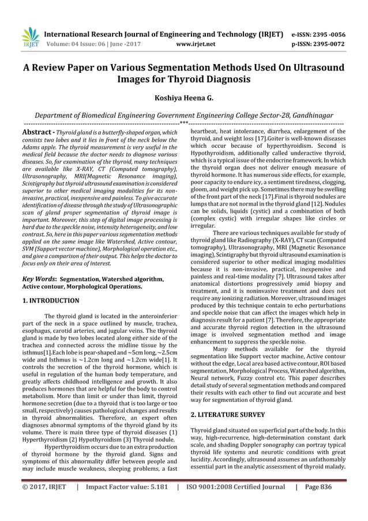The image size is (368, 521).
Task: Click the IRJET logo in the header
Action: tap(27, 36)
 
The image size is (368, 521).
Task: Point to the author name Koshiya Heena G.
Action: tap(183, 98)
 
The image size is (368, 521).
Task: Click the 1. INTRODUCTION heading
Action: tap(51, 301)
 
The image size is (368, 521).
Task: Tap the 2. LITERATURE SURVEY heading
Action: tap(228, 415)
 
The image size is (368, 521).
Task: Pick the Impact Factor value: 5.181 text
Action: tap(126, 486)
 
